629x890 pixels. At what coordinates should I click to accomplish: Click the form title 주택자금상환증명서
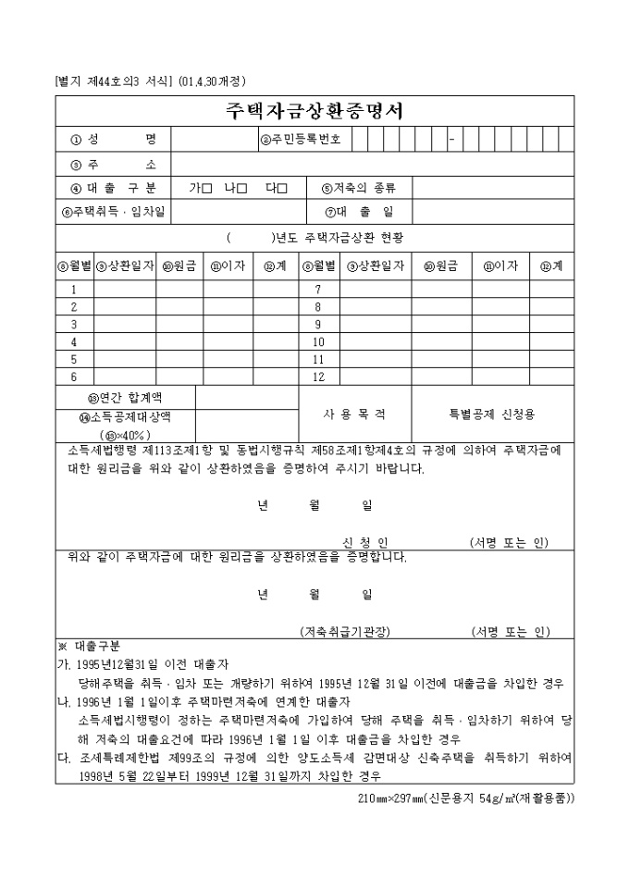click(314, 110)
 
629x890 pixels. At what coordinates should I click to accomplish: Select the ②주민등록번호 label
click(301, 140)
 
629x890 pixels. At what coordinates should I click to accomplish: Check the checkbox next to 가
click(206, 189)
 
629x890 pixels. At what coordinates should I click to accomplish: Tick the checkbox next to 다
click(282, 189)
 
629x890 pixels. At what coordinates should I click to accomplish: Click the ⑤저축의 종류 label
click(359, 189)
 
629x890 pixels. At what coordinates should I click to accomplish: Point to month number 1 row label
click(74, 290)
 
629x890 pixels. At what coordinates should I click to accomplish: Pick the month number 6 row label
click(74, 377)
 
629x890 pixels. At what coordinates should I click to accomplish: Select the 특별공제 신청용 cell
click(491, 414)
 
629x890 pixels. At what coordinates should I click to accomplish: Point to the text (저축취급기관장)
click(345, 631)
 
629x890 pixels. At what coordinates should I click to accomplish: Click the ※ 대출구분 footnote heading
click(82, 647)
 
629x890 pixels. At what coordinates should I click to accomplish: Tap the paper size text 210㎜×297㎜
click(389, 797)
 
